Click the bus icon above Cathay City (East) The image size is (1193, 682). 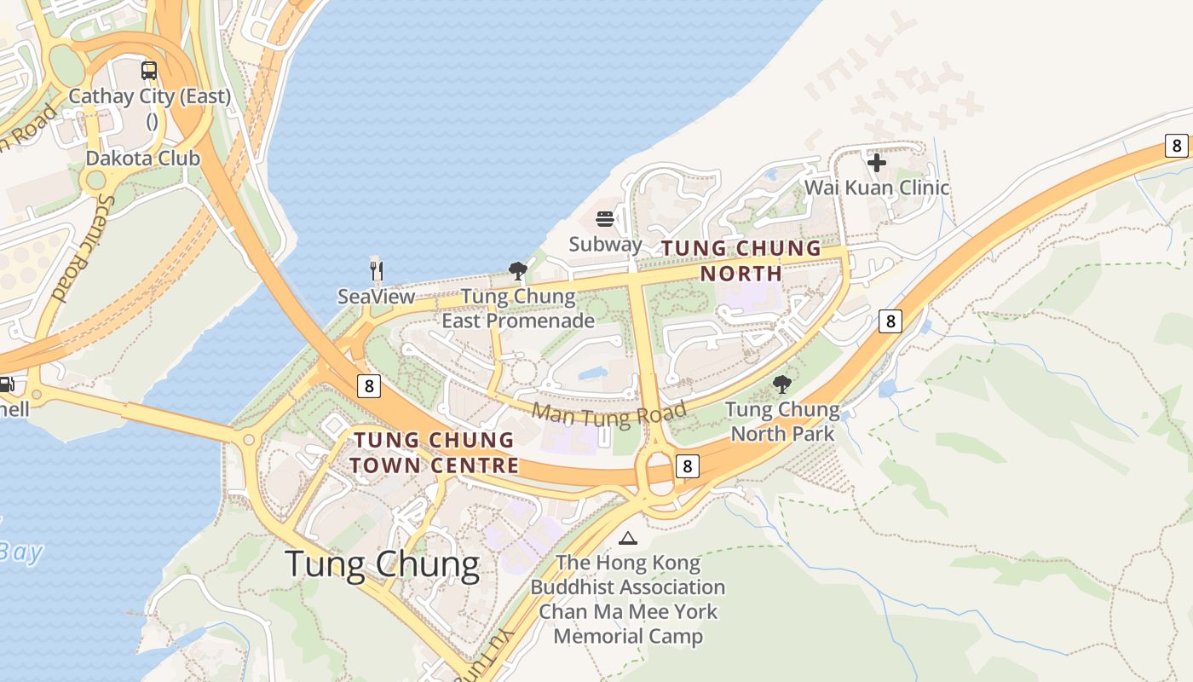(149, 71)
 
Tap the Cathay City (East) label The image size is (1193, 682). (150, 96)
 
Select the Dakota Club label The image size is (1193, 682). (143, 159)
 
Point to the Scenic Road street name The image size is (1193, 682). (82, 247)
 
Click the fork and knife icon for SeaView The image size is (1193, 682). (377, 271)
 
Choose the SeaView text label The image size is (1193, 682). (376, 297)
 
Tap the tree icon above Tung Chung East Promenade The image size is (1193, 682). (517, 272)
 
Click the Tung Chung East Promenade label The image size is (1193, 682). (518, 309)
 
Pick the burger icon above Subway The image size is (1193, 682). (605, 219)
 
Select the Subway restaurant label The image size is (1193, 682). (605, 244)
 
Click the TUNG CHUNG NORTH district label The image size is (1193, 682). (741, 261)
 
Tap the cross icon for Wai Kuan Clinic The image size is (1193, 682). (877, 162)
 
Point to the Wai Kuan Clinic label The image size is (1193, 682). (877, 188)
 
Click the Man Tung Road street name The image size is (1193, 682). (609, 415)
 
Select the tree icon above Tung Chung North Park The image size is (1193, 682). (782, 384)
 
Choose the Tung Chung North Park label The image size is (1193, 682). (782, 421)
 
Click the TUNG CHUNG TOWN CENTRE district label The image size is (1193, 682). (434, 453)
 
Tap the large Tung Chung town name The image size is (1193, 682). (382, 564)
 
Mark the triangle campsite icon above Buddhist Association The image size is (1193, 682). (628, 538)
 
